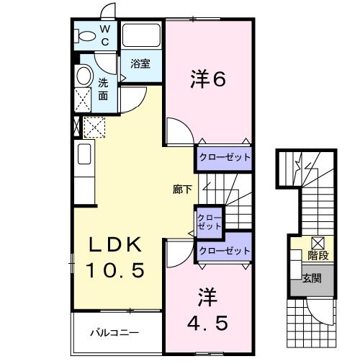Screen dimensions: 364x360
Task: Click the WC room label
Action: pos(104,35)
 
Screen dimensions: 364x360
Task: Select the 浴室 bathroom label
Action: pos(140,63)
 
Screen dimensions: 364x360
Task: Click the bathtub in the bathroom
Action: pos(141,35)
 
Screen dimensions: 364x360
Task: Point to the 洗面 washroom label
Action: pos(104,89)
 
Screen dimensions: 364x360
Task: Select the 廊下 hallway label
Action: pos(182,190)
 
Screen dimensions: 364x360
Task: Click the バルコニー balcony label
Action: pos(114,333)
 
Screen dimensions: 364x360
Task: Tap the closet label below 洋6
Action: pos(224,157)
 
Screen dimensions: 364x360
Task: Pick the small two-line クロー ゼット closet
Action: pos(210,221)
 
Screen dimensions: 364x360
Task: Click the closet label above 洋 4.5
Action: pos(224,250)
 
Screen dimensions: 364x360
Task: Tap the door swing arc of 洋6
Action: pos(180,133)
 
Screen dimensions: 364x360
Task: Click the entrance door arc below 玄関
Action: pos(320,317)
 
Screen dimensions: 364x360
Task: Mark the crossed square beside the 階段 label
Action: pos(318,243)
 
